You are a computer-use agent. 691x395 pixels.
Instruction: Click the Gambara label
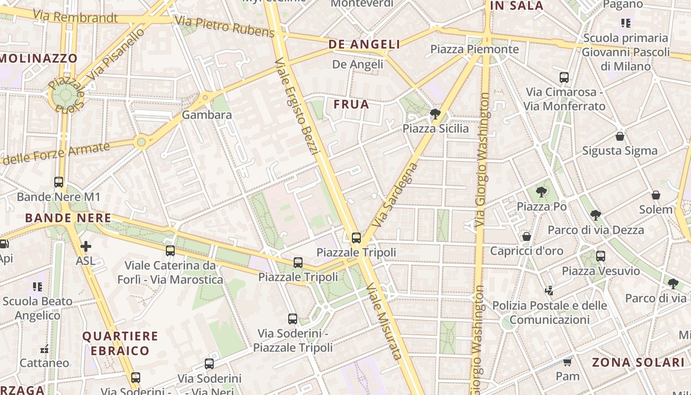[207, 115]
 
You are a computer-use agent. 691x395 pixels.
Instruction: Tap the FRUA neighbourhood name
[351, 104]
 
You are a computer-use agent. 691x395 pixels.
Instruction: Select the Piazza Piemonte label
[474, 49]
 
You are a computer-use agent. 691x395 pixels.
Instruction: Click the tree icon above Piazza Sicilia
[435, 115]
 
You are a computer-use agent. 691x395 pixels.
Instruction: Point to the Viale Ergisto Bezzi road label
[295, 106]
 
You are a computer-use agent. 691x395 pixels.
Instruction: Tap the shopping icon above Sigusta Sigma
[620, 136]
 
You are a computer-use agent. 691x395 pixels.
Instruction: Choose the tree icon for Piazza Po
[541, 192]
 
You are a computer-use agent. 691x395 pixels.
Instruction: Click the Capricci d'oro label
[526, 251]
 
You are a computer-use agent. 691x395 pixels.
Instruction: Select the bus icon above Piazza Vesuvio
[600, 256]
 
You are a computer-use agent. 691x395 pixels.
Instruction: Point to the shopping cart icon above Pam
[567, 362]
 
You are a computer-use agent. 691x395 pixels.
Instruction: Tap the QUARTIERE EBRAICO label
[120, 344]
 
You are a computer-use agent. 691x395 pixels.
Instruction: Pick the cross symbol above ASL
[86, 246]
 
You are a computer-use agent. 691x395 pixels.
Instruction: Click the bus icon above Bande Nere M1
[59, 182]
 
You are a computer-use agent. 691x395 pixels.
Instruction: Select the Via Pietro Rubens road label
[225, 27]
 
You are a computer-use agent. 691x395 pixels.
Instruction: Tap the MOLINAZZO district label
[39, 58]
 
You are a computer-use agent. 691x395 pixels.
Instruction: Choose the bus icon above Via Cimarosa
[564, 78]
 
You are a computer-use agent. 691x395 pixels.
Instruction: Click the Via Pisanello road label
[117, 54]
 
